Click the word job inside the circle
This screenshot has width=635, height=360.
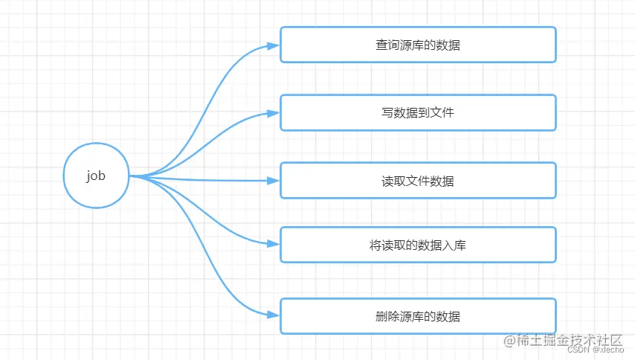[96, 176]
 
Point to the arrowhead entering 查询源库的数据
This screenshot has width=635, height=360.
[274, 45]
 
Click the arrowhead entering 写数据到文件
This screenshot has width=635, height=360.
[274, 113]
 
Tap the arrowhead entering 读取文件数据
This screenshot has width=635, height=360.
[274, 181]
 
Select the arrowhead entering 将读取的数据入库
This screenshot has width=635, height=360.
[274, 244]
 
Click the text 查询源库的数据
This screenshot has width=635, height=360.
[418, 45]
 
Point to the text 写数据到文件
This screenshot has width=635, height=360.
[418, 113]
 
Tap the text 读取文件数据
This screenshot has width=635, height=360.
[418, 181]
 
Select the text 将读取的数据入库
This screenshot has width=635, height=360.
[418, 245]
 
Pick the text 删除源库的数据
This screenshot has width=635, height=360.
[418, 316]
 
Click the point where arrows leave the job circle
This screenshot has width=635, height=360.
[131, 176]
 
